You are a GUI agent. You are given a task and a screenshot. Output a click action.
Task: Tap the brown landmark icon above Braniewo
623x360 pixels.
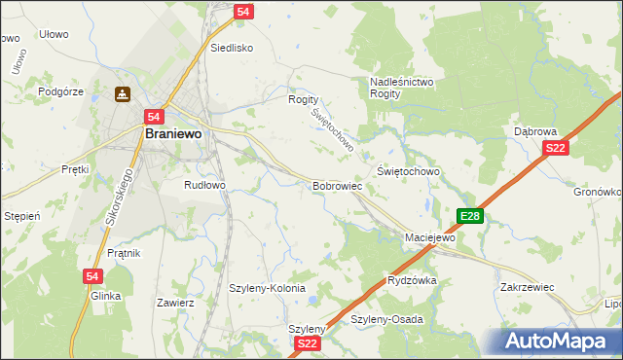(124, 94)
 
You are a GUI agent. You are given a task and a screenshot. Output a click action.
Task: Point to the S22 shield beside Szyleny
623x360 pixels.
(307, 343)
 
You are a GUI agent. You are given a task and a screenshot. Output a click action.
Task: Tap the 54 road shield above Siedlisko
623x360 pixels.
(244, 11)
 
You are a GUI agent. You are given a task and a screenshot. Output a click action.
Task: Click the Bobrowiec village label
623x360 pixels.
(338, 185)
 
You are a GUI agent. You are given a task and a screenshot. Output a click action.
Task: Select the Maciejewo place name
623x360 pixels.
(430, 237)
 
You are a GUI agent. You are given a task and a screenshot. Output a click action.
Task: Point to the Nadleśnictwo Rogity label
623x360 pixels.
(401, 88)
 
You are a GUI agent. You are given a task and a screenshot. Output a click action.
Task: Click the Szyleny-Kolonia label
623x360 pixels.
(267, 289)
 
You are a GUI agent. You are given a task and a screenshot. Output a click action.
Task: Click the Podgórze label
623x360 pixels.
(61, 91)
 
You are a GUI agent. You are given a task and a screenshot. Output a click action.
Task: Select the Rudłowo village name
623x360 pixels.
(204, 184)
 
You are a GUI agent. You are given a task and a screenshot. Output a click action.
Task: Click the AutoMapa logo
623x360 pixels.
(554, 342)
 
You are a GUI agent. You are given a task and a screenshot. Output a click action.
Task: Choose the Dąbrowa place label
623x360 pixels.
(534, 130)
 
